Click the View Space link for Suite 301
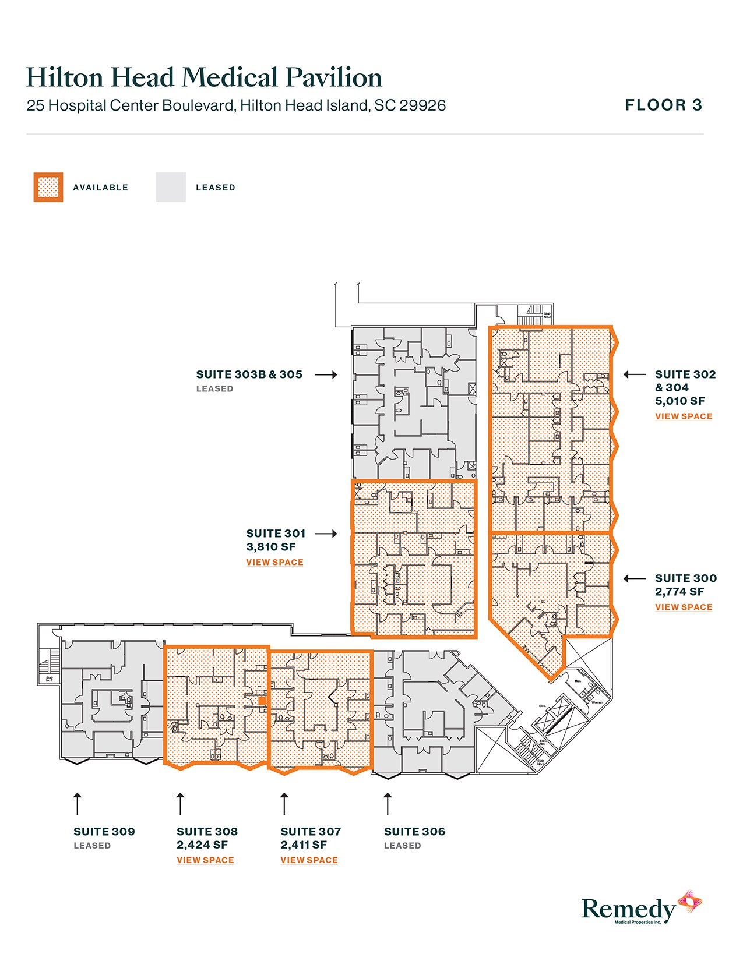coord(274,562)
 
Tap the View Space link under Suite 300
coord(684,607)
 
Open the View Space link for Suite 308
coord(205,860)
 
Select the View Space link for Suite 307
coord(309,860)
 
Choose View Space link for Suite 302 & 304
coord(684,416)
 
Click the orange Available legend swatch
coord(48,188)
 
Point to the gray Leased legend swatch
coord(171,188)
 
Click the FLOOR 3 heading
coord(664,105)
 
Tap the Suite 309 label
coord(104,832)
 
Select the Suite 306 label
coord(414,832)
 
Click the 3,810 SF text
coord(271,547)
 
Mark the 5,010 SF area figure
coord(679,401)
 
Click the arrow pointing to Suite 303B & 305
coord(326,374)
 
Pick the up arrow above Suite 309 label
coord(77,803)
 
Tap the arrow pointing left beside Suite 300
coord(635,578)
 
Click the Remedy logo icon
coord(689,902)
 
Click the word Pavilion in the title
coord(333,77)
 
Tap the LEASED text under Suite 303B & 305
coord(214,388)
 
